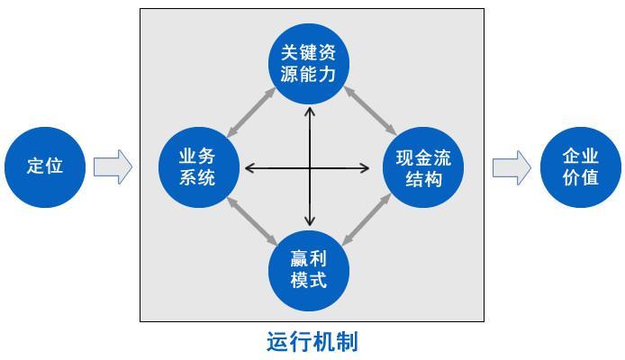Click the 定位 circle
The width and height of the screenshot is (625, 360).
45,167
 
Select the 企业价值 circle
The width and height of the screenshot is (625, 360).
581,167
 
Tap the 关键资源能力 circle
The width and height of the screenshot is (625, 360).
309,64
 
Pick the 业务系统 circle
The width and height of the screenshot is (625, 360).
199,167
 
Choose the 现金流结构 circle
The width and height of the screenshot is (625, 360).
423,167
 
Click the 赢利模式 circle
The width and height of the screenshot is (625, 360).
309,271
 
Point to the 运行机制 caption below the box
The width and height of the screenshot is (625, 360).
312,341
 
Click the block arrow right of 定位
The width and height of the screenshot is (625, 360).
113,166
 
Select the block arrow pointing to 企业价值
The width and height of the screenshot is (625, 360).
512,167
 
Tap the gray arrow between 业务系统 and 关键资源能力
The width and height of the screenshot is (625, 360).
251,112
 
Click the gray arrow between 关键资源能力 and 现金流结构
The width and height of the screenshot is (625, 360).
370,111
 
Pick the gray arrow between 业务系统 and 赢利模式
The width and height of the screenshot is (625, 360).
252,221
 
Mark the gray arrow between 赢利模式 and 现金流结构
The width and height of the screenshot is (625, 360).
367,219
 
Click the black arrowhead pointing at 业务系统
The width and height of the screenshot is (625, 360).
249,168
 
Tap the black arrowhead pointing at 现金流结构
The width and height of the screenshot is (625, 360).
365,168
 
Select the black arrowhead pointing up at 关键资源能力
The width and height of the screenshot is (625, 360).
310,111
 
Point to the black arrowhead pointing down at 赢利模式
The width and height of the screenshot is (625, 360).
310,221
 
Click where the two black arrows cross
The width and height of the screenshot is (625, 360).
310,168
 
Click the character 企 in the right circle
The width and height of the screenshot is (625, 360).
571,156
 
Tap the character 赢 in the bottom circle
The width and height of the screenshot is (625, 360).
299,259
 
